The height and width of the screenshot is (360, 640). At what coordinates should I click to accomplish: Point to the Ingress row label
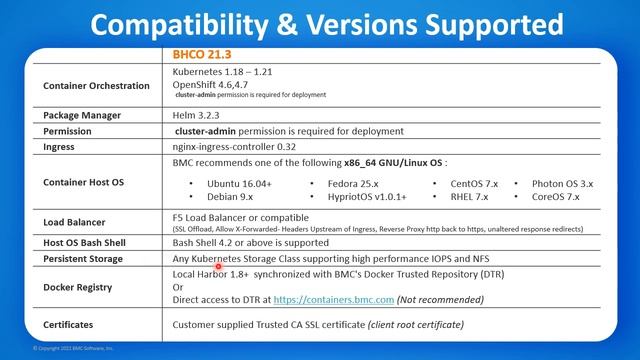click(x=59, y=147)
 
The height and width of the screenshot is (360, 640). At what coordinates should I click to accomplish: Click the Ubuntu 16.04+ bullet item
click(x=239, y=184)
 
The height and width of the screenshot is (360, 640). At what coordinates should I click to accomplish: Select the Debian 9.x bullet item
click(x=231, y=198)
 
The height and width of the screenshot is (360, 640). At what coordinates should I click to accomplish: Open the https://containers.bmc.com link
click(x=333, y=298)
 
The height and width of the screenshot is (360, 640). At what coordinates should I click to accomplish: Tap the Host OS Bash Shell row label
click(x=88, y=243)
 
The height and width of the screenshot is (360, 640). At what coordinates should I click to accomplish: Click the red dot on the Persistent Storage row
click(x=219, y=266)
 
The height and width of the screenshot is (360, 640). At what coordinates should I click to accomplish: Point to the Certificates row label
click(x=71, y=325)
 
